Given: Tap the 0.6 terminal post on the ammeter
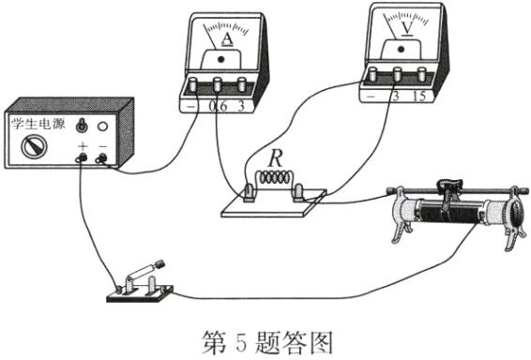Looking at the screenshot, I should pyautogui.click(x=219, y=84).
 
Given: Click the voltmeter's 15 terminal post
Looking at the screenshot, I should pyautogui.click(x=424, y=74).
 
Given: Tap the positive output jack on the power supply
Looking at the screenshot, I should pyautogui.click(x=82, y=159).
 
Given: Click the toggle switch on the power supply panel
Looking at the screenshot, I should pyautogui.click(x=82, y=125).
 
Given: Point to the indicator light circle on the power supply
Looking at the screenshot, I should pyautogui.click(x=102, y=126).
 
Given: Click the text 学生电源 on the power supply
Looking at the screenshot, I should pyautogui.click(x=38, y=123).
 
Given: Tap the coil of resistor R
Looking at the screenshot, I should pyautogui.click(x=275, y=177).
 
